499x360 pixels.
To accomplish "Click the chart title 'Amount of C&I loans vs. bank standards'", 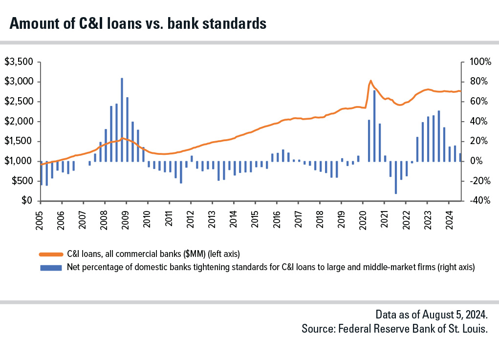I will [x=138, y=23].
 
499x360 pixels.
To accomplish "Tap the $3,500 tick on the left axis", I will [x=18, y=62].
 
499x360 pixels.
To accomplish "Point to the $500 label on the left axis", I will [x=21, y=181].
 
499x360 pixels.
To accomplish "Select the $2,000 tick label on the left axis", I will [x=18, y=122].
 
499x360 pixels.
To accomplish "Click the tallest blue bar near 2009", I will [x=122, y=120].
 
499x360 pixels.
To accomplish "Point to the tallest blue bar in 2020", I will [x=374, y=126].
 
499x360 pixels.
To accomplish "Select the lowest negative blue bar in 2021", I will [x=395, y=177].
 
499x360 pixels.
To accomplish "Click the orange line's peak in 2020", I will [x=370, y=81].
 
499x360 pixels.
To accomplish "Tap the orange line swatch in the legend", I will [x=51, y=254].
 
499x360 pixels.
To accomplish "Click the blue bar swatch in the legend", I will [x=51, y=267].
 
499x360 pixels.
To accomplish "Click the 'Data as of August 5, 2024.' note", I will [x=432, y=314].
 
